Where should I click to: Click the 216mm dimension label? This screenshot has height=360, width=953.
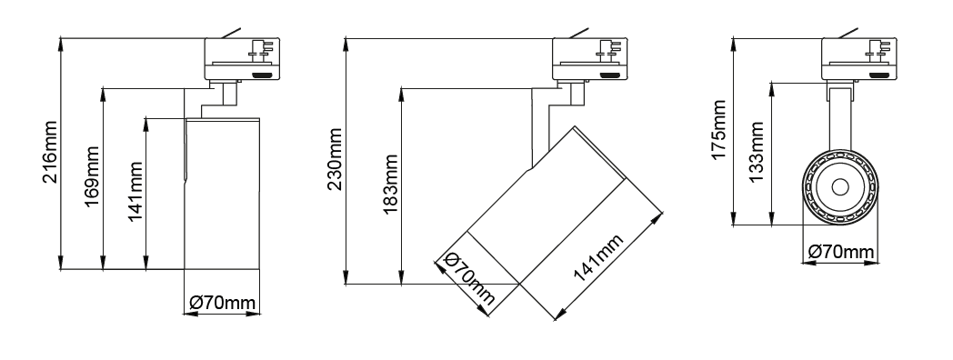click(x=50, y=152)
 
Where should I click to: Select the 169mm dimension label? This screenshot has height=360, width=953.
click(x=92, y=176)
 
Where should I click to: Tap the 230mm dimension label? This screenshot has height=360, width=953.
click(x=335, y=159)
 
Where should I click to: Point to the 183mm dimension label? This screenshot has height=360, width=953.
click(x=391, y=185)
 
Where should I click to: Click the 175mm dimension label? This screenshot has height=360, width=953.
click(x=719, y=130)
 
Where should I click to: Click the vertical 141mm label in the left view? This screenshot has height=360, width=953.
click(x=135, y=192)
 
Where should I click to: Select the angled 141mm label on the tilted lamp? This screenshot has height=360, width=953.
click(x=598, y=258)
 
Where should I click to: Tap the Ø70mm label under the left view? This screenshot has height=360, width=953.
click(x=223, y=303)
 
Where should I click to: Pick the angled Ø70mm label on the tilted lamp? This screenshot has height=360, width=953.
click(x=470, y=279)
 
